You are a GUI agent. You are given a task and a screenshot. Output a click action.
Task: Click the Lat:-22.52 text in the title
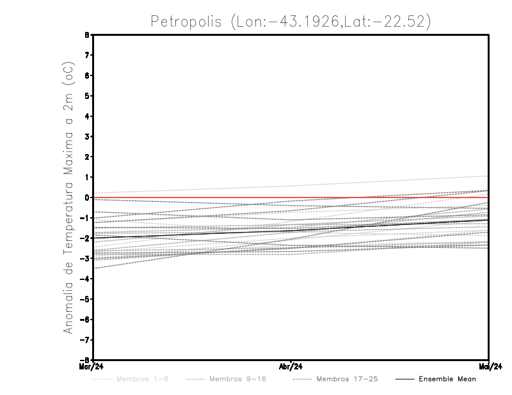(381, 21)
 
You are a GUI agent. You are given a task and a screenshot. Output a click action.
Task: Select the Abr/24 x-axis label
(291, 366)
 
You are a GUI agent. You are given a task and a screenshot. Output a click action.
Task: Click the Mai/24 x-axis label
(489, 366)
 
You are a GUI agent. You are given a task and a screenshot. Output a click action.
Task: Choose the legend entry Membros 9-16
(237, 379)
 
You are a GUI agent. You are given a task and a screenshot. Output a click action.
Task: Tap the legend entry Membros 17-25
(347, 379)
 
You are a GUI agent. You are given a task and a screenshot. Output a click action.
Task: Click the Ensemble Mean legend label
(447, 379)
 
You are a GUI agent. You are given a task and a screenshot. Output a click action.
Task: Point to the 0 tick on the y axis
(87, 197)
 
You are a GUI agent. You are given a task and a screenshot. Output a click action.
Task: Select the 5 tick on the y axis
(87, 96)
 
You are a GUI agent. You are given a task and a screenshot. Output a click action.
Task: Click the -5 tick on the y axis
(85, 298)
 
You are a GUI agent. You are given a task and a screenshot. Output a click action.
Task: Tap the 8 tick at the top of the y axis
(87, 35)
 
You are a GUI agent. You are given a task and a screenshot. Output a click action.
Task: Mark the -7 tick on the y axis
(85, 339)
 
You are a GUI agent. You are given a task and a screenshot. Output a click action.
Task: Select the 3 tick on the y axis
(87, 137)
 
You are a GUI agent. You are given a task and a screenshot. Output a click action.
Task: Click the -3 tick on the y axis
(85, 258)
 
